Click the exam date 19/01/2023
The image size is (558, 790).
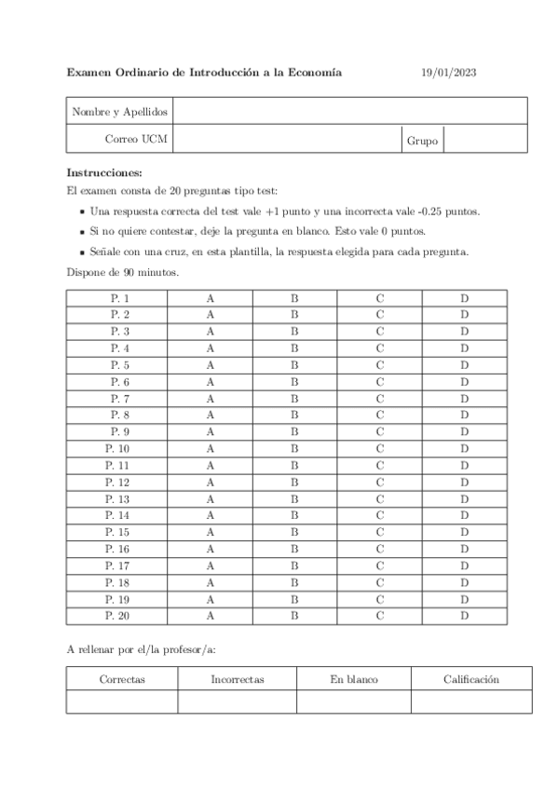(x=448, y=72)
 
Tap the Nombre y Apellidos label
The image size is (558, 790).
(x=120, y=112)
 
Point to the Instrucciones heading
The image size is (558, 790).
(x=105, y=173)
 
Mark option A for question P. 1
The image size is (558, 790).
(x=211, y=297)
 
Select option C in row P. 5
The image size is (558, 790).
(x=380, y=365)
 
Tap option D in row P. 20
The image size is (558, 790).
(x=464, y=616)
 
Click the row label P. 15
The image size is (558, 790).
(x=117, y=531)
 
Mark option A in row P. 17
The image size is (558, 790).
(x=211, y=565)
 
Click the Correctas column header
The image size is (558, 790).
(x=122, y=679)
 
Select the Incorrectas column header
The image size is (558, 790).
(x=238, y=679)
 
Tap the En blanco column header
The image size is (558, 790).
(x=354, y=679)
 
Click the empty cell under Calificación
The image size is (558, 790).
(x=471, y=702)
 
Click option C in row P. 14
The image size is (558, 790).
(x=380, y=514)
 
